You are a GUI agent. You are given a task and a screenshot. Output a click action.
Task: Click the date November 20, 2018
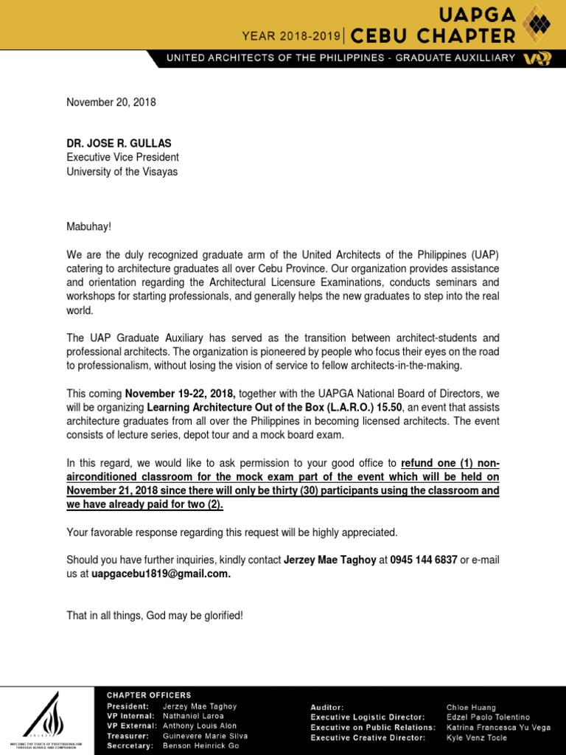111,102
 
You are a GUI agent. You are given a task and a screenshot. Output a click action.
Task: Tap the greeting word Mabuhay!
91,228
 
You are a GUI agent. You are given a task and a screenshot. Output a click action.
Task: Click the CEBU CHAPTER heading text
433,35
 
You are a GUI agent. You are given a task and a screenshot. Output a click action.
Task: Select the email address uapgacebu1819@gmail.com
161,574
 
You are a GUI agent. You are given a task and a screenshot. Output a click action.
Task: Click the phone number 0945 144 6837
424,560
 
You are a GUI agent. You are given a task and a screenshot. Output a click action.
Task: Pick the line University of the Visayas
122,172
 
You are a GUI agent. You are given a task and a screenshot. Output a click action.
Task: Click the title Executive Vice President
122,157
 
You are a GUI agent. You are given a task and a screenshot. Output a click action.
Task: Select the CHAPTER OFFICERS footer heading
149,695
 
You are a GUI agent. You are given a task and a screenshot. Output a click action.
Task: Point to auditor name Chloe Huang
472,707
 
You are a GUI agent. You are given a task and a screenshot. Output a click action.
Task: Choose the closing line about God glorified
155,615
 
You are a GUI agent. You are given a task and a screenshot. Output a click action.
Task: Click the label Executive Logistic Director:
368,717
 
